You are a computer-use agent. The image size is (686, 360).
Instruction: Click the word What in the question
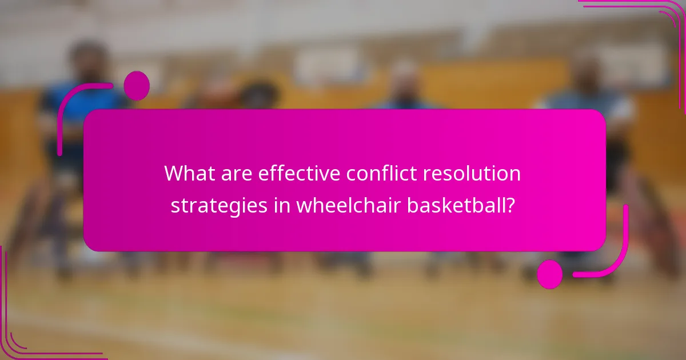[188, 173]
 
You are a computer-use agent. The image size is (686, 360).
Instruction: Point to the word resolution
[479, 173]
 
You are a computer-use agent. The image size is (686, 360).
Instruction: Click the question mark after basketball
[508, 205]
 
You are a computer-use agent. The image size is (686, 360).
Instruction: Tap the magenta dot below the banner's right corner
[549, 274]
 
